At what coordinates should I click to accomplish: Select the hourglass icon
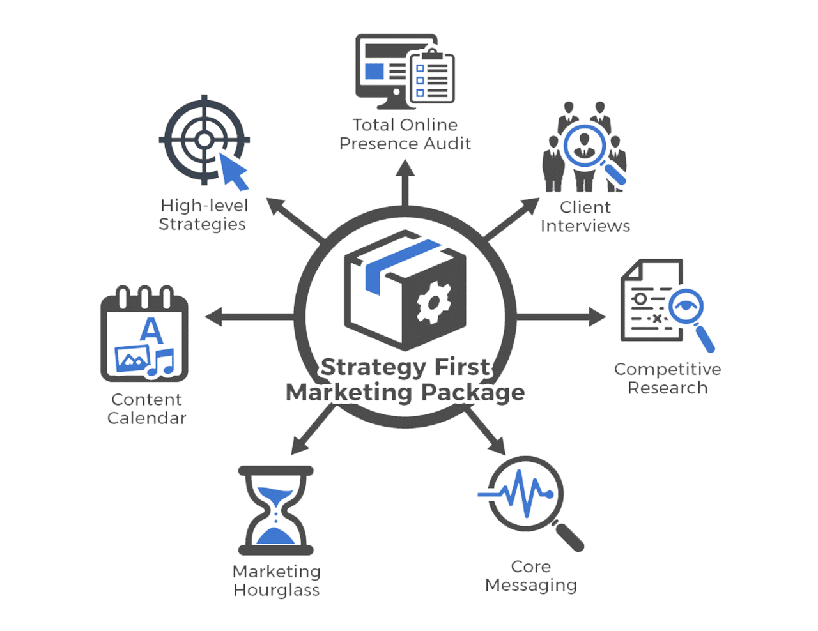tap(276, 511)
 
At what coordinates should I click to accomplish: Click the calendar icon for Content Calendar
tap(145, 335)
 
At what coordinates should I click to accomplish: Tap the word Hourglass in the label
tap(277, 589)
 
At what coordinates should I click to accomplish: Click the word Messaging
tap(530, 585)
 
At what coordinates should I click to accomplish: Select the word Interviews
tap(585, 226)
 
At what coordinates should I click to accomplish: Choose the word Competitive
tap(667, 369)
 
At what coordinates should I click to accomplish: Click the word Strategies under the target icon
tap(202, 224)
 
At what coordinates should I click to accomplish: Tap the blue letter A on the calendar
tap(150, 329)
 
